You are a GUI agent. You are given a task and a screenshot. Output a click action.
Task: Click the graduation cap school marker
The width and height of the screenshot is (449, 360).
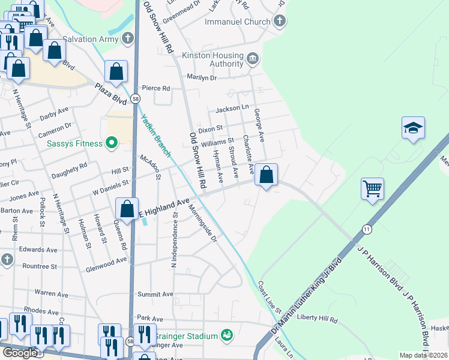[x=413, y=128]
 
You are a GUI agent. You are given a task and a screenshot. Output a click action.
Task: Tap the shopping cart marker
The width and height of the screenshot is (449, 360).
[x=372, y=189]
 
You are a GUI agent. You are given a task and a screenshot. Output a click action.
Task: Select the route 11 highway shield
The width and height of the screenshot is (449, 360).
[x=366, y=229]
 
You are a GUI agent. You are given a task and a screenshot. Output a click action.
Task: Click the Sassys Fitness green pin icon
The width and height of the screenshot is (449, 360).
[x=111, y=143]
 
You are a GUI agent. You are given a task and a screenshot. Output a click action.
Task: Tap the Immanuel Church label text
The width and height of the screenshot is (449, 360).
[x=238, y=22]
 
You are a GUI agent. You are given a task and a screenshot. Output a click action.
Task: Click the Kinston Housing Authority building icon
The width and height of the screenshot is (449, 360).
[x=253, y=58]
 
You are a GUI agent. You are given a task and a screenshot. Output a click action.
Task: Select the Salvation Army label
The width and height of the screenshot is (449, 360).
[x=91, y=39]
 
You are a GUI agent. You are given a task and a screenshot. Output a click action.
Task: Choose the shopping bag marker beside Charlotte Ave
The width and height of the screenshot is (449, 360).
[x=266, y=175]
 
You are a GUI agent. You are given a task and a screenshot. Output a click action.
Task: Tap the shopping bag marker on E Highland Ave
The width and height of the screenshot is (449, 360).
[x=127, y=209]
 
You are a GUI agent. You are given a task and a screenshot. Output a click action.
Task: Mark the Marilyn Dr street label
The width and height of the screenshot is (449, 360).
[x=201, y=77]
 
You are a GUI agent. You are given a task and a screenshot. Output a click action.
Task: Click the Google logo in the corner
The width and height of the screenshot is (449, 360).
[x=20, y=353]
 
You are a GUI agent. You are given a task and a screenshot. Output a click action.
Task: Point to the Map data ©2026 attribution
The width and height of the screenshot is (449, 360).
[x=423, y=355]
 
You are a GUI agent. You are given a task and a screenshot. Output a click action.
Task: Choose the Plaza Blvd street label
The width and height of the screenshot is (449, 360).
[x=109, y=94]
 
